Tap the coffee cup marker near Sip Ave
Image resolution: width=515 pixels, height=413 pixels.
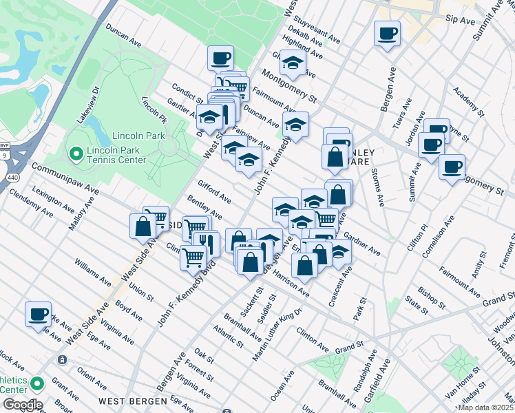pos(387,32)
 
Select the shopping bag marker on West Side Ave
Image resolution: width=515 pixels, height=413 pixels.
pos(143,226)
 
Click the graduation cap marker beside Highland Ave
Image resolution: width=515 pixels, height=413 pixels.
pos(293,63)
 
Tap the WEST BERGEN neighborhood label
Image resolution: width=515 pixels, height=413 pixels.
pos(132,401)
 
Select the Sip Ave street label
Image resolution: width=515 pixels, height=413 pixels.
pos(460,21)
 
